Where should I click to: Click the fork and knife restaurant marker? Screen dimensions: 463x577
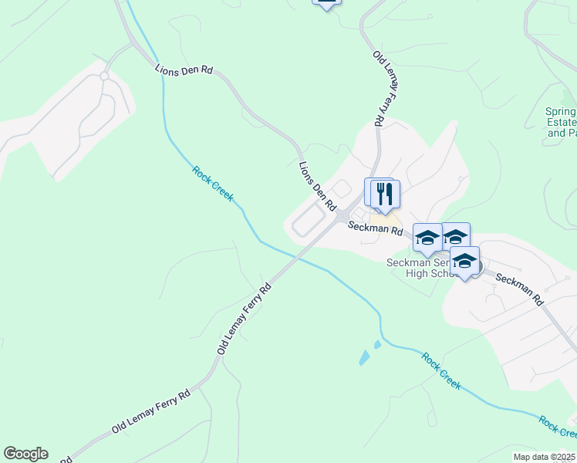(x=385, y=194)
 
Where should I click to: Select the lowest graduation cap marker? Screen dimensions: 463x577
(x=464, y=262)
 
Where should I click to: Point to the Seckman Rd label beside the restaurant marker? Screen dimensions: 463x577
(x=375, y=228)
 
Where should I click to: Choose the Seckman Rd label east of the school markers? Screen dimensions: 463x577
(x=518, y=289)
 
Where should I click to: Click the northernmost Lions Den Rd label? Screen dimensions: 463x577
(x=184, y=70)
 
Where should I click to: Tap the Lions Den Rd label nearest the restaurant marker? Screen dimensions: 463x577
(x=317, y=185)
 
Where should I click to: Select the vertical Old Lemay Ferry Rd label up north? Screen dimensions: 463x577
(x=378, y=89)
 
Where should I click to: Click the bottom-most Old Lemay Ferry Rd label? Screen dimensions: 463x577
(x=151, y=413)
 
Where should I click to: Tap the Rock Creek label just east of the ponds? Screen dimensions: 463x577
(x=441, y=370)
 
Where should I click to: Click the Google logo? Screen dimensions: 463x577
(x=25, y=454)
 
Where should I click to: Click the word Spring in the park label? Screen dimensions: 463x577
(x=560, y=112)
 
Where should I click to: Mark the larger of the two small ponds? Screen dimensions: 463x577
(x=363, y=357)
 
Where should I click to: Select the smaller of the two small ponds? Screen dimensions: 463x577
(x=376, y=344)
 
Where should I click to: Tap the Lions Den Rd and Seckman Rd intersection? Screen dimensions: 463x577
(x=341, y=218)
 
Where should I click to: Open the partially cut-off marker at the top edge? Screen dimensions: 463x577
(x=326, y=3)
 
